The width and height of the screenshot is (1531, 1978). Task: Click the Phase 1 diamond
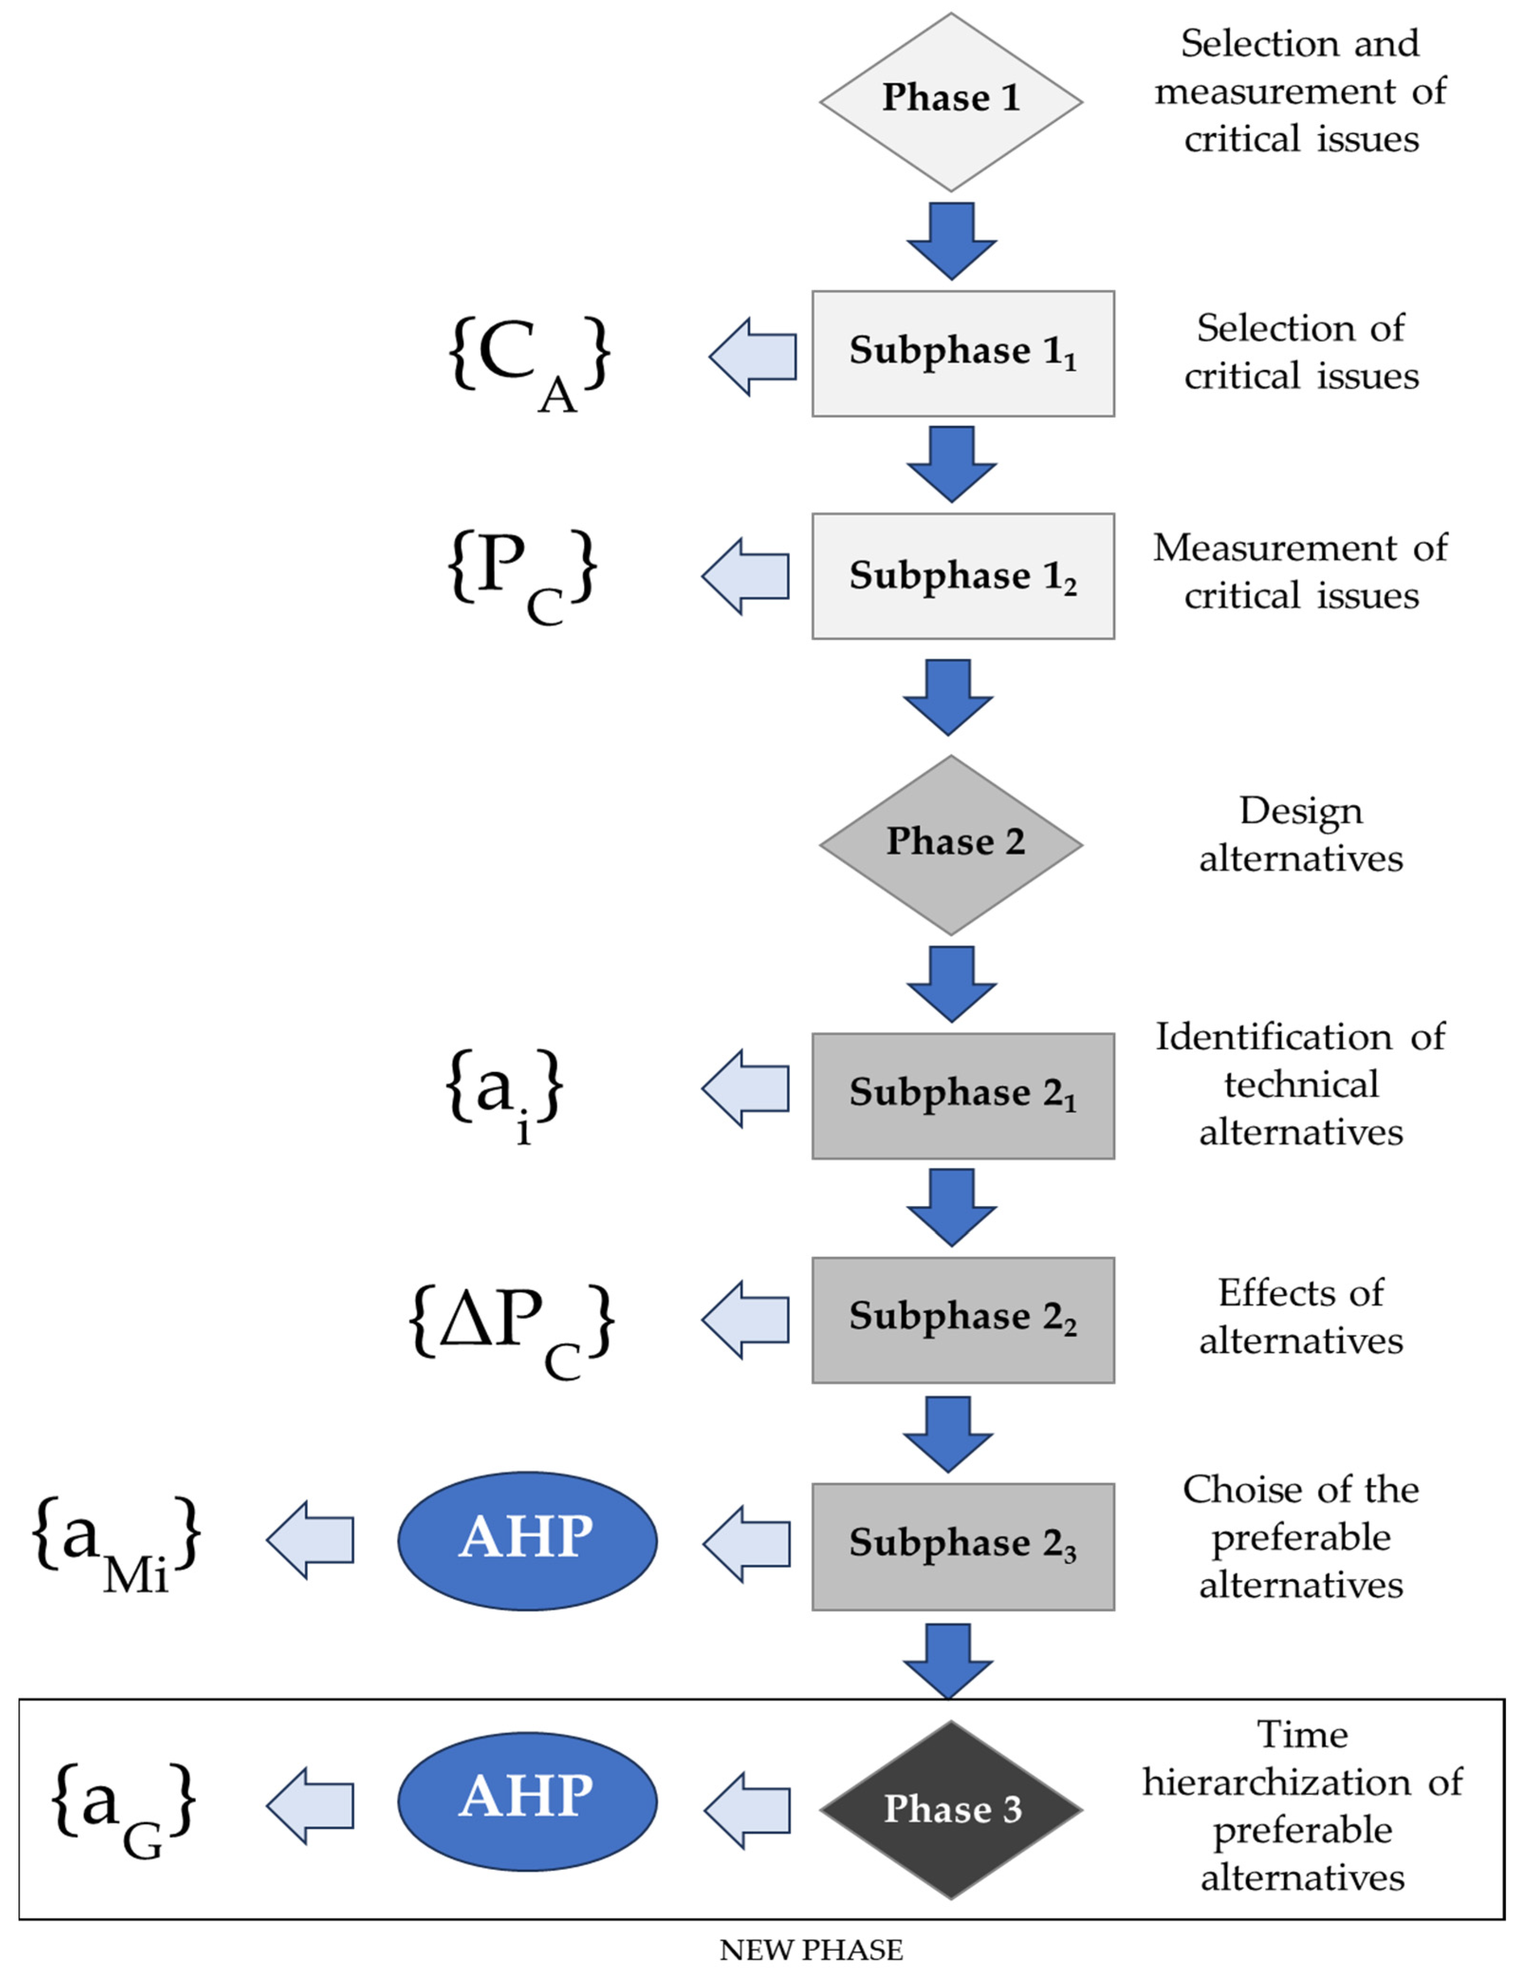tap(950, 102)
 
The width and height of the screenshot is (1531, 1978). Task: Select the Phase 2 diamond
tap(950, 844)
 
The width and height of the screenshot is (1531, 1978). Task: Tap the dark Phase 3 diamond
tap(950, 1810)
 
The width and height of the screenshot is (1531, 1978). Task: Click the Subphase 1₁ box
tap(962, 353)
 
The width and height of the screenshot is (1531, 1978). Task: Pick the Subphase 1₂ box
tap(962, 576)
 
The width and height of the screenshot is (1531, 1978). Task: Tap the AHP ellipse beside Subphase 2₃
tap(527, 1540)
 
